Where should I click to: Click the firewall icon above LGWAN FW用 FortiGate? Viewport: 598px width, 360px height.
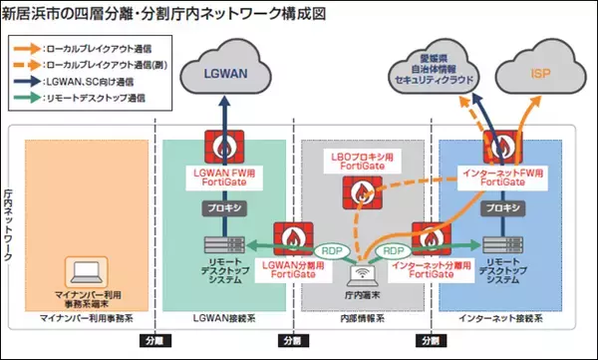click(222, 150)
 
